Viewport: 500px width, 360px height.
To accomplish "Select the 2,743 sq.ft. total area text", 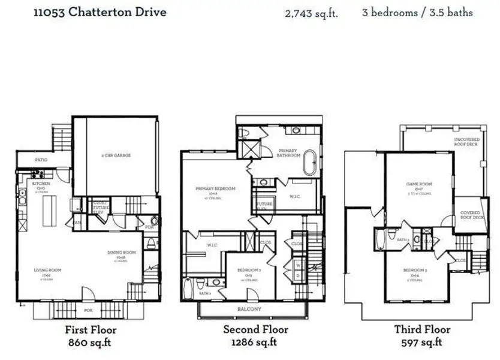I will pyautogui.click(x=311, y=13).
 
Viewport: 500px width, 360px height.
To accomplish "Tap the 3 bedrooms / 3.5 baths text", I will pyautogui.click(x=417, y=12).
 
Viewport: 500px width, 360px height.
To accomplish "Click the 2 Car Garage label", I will pyautogui.click(x=116, y=155).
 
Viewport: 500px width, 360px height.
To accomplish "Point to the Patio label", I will pyautogui.click(x=40, y=160).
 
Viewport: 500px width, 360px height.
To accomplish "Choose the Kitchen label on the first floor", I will pyautogui.click(x=41, y=184).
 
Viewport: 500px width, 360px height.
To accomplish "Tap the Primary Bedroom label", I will pyautogui.click(x=215, y=188).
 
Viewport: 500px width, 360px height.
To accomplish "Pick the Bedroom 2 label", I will pyautogui.click(x=247, y=271).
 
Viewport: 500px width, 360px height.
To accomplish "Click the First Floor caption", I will pyautogui.click(x=91, y=330).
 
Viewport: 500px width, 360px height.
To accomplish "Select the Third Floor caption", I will pyautogui.click(x=422, y=330).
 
